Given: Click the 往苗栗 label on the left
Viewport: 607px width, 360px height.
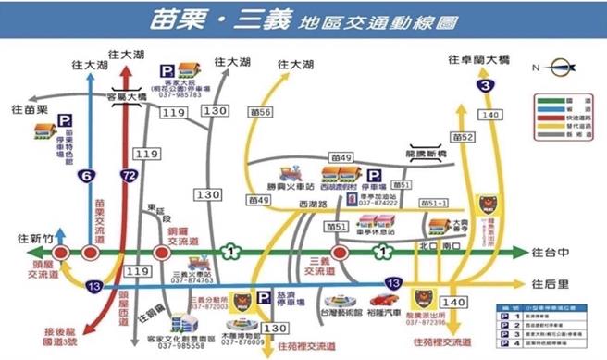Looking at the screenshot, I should pyautogui.click(x=30, y=110).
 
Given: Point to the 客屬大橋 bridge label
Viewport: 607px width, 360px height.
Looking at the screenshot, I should pyautogui.click(x=127, y=94).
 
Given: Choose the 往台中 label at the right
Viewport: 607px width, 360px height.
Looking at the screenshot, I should pyautogui.click(x=552, y=251).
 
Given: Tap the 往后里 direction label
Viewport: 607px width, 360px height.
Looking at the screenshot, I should pyautogui.click(x=552, y=281).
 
